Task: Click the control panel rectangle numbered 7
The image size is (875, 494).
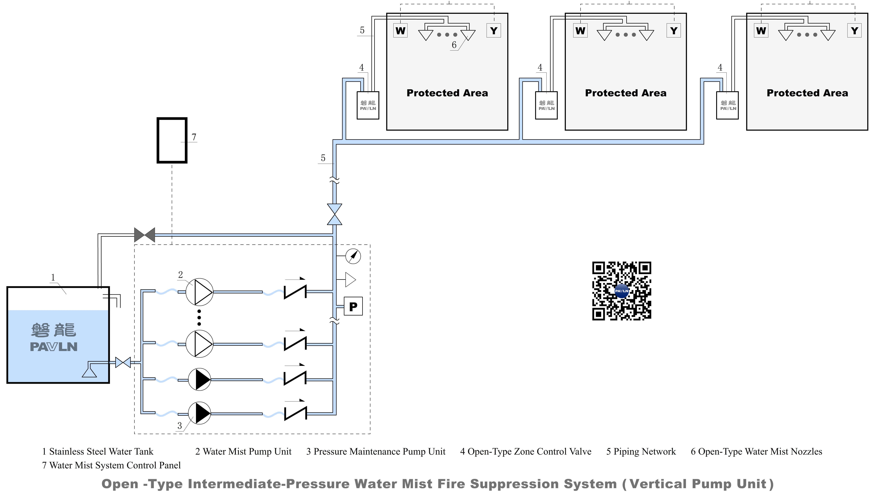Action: [x=172, y=140]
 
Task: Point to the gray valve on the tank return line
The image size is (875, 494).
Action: [x=144, y=235]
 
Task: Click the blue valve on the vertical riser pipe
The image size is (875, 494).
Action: [x=334, y=214]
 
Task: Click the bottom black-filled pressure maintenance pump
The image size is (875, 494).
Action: [x=199, y=413]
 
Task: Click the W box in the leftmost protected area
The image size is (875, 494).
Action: [x=400, y=31]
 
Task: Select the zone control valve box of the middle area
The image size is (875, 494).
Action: [x=546, y=105]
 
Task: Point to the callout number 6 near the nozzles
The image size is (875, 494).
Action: [x=454, y=45]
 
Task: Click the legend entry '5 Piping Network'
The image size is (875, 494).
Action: [x=641, y=452]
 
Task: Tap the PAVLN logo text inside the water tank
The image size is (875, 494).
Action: [x=54, y=347]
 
